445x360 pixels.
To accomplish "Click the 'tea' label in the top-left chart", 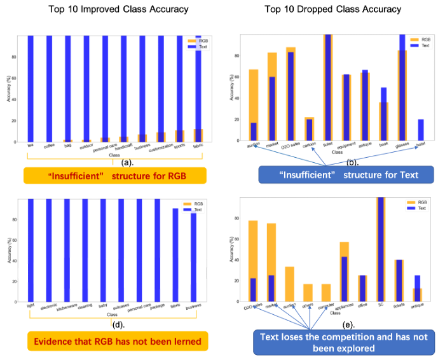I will point(30,145).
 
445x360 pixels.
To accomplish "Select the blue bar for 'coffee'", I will point(49,89).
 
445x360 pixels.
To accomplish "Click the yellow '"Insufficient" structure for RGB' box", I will point(114,176).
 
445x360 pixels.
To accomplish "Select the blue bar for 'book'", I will point(383,114).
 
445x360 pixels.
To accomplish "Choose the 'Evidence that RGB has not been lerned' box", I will point(114,342).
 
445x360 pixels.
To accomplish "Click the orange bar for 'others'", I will point(308,293).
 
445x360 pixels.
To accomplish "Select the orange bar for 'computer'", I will point(326,293).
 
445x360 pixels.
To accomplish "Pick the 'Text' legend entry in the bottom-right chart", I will point(421,208).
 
